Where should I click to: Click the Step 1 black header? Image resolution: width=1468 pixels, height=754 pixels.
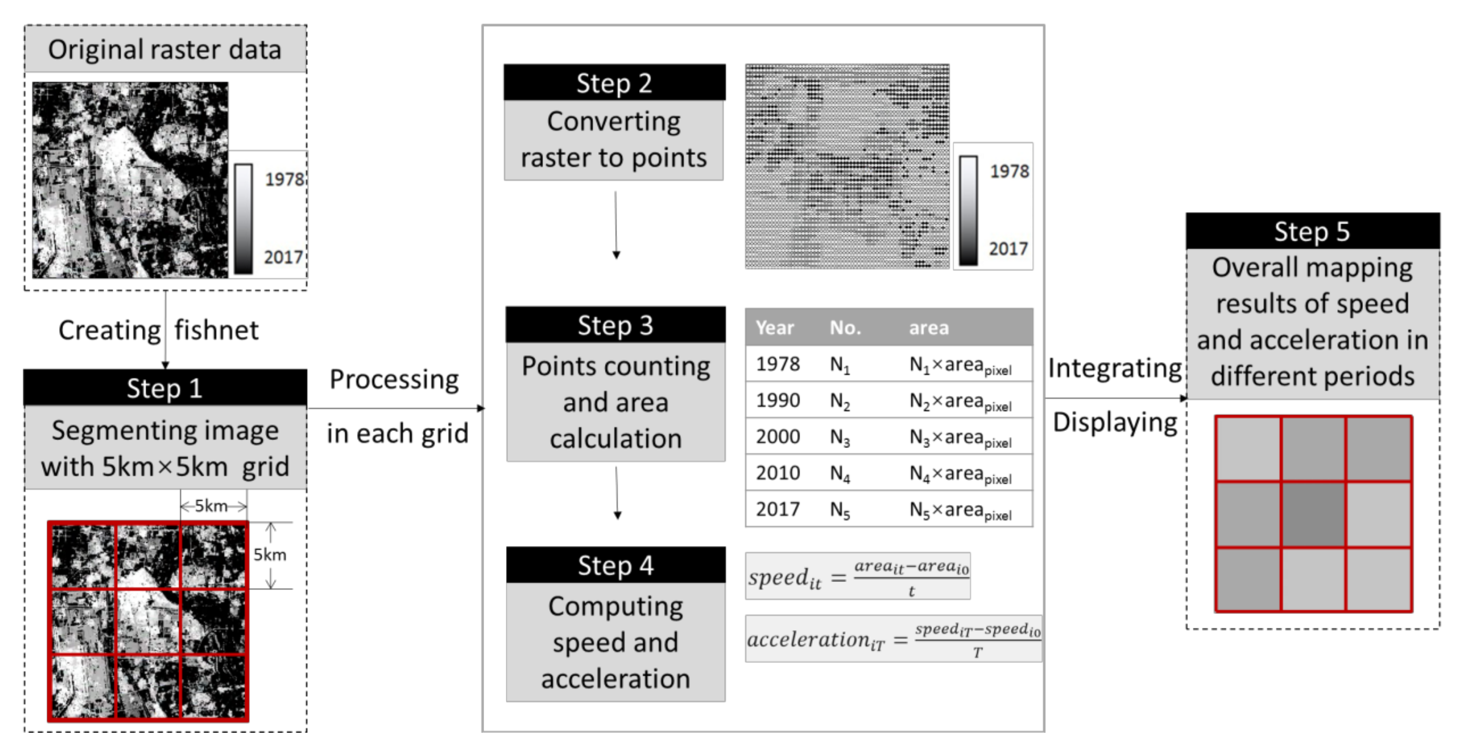[165, 388]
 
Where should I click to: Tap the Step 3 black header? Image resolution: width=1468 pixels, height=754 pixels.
[615, 325]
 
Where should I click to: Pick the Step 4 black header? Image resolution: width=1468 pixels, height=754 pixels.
[615, 565]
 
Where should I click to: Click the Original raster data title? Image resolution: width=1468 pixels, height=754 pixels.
[165, 50]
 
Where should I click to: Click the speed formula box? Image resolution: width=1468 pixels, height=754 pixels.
[858, 576]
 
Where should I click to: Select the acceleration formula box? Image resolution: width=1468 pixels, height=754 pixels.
[893, 639]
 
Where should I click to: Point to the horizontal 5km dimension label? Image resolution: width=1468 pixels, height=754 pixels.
[211, 506]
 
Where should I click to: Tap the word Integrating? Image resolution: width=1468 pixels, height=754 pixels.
[1114, 368]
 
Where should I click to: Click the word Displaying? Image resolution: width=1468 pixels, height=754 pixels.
[1114, 422]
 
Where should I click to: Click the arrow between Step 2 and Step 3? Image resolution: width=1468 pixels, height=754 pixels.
[615, 225]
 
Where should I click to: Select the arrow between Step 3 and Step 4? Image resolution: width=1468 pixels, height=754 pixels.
[617, 492]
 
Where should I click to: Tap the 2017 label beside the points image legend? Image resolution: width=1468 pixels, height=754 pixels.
[1007, 249]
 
